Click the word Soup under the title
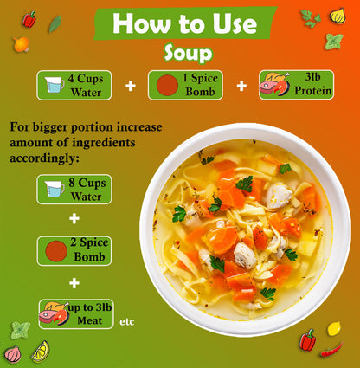(189, 53)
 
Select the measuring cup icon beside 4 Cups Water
(55, 85)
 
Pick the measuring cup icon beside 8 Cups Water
(55, 189)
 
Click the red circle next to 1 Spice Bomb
(167, 85)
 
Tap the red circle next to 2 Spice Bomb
(56, 251)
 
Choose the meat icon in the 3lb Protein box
(274, 84)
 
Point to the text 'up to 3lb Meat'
(90, 313)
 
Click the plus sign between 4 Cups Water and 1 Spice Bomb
(131, 86)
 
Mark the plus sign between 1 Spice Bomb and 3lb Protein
(241, 86)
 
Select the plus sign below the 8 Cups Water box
(74, 218)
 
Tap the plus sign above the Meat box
(74, 283)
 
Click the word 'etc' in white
(127, 321)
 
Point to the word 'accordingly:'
(44, 158)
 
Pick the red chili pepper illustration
(331, 350)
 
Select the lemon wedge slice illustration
(41, 352)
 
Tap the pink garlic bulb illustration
(13, 354)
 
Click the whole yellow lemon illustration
(334, 329)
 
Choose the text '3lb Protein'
(313, 84)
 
